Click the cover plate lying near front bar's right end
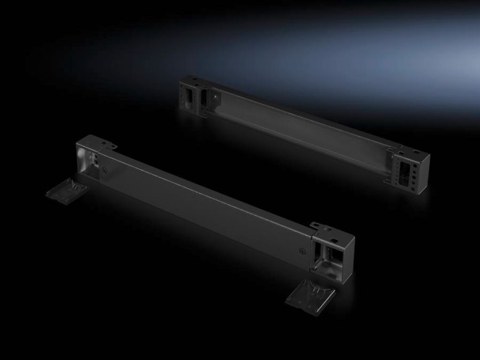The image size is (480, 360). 310,296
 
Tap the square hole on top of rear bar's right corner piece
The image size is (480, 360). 415,152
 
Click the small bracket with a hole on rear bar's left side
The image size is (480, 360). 215,98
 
